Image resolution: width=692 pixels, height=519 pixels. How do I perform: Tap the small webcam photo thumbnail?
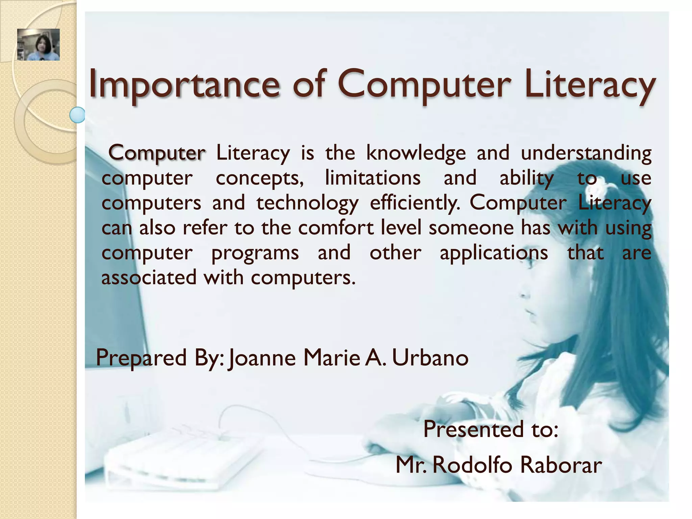point(39,45)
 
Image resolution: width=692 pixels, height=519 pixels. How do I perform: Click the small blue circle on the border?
point(77,115)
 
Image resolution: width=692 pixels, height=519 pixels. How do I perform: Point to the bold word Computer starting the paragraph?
point(156,153)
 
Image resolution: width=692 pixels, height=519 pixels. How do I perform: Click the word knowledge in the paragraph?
point(416,153)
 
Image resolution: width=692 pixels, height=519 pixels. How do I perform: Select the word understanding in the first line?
point(586,153)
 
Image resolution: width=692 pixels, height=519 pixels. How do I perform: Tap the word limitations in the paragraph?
point(373,178)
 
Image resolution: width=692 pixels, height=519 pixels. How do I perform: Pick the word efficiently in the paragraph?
point(415,203)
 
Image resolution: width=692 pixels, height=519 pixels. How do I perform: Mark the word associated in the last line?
point(149,278)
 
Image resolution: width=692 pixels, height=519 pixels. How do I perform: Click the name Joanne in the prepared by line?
point(262,358)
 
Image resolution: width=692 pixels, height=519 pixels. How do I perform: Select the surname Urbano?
point(430,357)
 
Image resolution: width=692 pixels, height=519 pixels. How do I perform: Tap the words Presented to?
point(491,429)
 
